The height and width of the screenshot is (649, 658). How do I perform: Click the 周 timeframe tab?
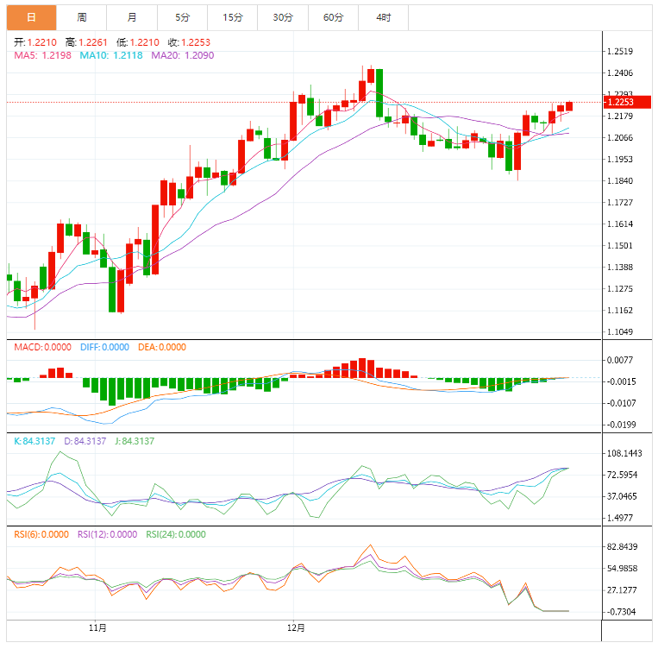coord(81,17)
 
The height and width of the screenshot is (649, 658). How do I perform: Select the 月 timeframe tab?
coord(131,17)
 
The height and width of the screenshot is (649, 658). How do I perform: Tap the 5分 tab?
coord(182,17)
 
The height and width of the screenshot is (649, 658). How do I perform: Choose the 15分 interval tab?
coord(232,17)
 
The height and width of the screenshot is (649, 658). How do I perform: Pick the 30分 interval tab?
coord(282,17)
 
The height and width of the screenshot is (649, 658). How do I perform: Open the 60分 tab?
coord(333,17)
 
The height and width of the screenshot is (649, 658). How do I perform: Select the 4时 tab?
coord(383,17)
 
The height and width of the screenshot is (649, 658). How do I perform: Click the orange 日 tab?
coord(31,17)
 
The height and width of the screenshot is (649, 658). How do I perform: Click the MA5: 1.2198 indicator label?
coord(42,55)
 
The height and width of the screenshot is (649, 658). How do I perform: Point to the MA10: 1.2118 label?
coord(111,55)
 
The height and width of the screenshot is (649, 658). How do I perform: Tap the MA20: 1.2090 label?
coord(182,55)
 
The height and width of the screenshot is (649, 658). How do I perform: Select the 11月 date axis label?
coord(97,627)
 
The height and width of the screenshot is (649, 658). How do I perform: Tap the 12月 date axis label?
coord(296,627)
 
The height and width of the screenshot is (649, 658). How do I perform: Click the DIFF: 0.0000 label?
coord(104,347)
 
